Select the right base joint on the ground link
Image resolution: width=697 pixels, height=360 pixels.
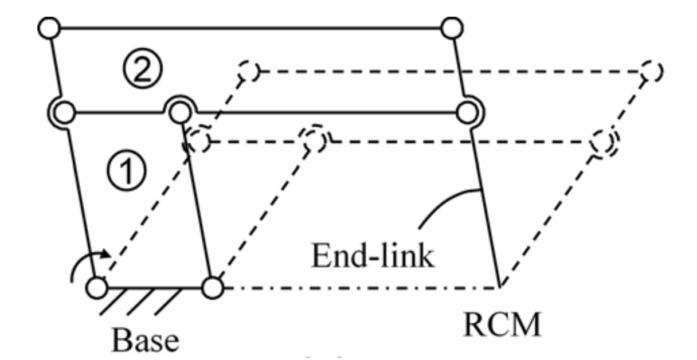[x=212, y=287]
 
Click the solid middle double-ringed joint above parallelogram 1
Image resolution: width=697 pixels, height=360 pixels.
[x=180, y=111]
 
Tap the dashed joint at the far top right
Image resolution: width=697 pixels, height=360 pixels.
[x=651, y=72]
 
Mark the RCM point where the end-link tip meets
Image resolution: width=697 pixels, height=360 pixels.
[x=501, y=286]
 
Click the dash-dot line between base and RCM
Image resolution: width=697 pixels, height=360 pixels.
[x=355, y=287]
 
